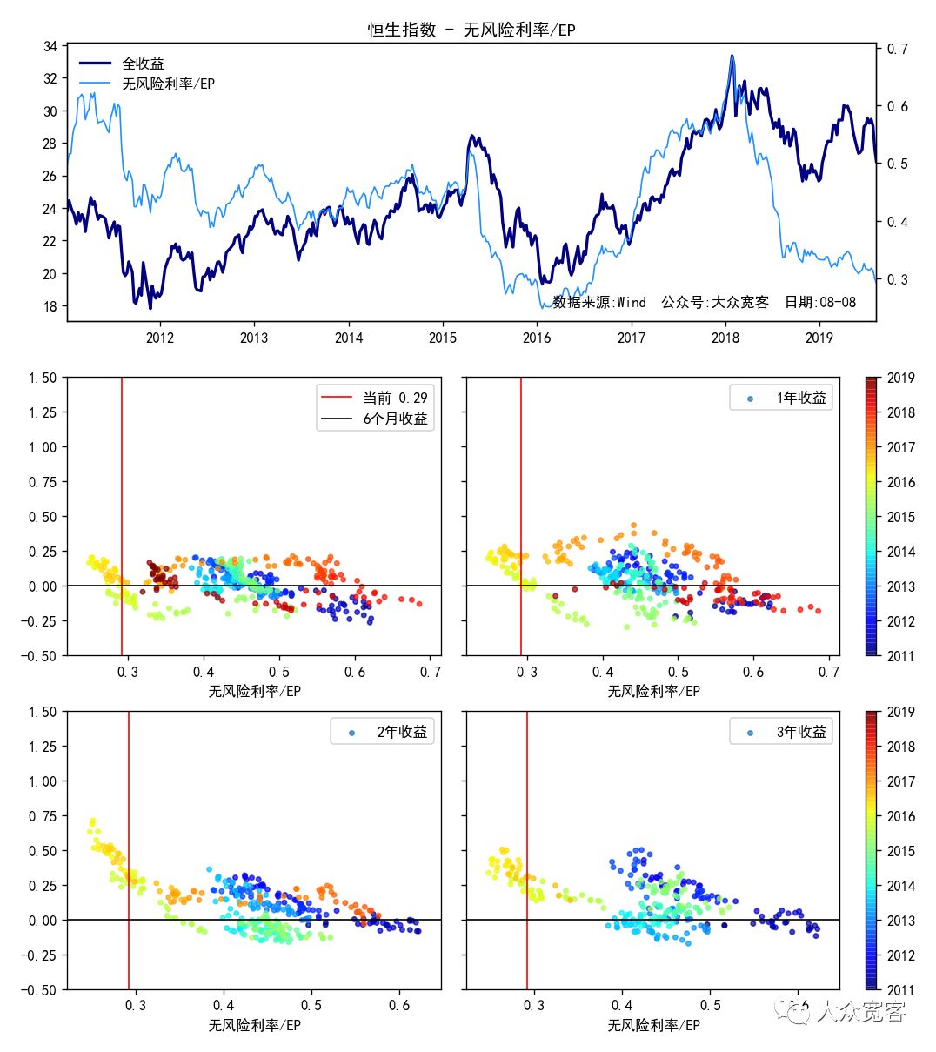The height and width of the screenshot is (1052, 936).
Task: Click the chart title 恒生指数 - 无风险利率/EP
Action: click(471, 30)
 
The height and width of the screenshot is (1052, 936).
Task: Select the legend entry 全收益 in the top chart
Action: click(143, 64)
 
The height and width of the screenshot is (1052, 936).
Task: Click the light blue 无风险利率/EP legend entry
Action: click(168, 84)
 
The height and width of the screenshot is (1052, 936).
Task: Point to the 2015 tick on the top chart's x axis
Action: click(443, 338)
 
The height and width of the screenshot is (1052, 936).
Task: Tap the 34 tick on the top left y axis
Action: click(50, 46)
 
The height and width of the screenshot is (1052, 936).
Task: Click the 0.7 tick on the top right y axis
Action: click(897, 49)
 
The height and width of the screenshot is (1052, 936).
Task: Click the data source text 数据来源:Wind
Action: click(599, 302)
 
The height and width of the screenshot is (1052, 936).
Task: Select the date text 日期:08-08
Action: click(819, 302)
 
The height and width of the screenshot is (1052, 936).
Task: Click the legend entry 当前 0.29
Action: click(395, 398)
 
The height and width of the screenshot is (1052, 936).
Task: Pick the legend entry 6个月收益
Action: click(395, 419)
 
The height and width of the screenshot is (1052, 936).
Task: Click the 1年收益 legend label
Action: click(801, 399)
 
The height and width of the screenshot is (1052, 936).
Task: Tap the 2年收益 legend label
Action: click(402, 732)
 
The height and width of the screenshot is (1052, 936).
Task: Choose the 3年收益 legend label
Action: click(801, 732)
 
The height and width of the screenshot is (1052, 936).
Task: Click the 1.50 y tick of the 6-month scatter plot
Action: click(42, 378)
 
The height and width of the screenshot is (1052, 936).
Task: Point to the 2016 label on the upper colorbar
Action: click(901, 482)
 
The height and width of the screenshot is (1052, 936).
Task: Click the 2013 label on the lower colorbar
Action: click(901, 921)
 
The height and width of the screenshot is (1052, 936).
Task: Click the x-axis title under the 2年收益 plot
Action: click(254, 1025)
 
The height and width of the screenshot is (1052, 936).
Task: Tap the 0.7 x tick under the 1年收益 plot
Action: click(829, 672)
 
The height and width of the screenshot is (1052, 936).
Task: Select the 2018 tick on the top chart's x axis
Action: click(725, 338)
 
